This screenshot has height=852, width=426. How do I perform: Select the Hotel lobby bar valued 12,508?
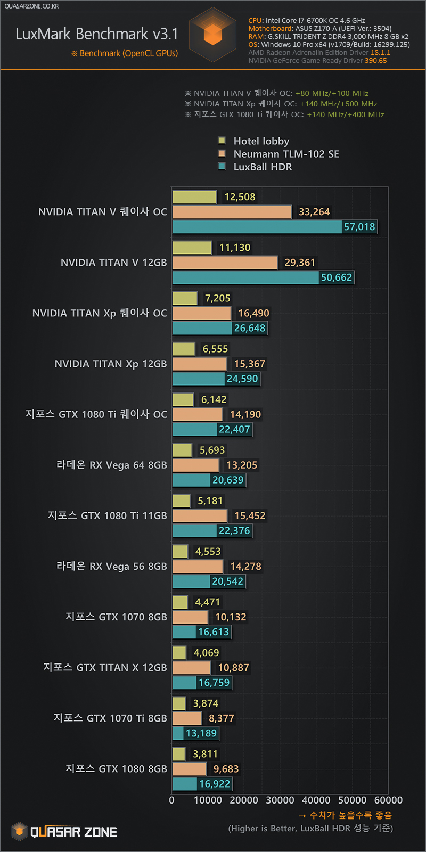(194, 197)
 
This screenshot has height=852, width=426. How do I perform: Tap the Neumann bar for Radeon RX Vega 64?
(195, 465)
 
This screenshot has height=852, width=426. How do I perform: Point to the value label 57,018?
(359, 227)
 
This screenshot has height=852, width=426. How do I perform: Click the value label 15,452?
(250, 515)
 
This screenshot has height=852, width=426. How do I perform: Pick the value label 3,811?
(206, 754)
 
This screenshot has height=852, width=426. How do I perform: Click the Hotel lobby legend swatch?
(222, 141)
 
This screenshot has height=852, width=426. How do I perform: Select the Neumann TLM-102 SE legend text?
(286, 154)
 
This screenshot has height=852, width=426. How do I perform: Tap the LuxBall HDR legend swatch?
(222, 167)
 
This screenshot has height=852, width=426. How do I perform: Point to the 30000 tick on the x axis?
(280, 800)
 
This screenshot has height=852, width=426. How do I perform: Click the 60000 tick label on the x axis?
(388, 800)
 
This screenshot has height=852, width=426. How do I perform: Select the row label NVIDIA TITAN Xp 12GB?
(111, 364)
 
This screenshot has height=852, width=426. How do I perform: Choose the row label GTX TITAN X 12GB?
(105, 668)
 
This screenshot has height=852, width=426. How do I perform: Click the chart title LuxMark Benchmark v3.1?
(97, 34)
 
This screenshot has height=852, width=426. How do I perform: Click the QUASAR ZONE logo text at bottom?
(73, 832)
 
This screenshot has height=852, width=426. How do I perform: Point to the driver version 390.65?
(375, 61)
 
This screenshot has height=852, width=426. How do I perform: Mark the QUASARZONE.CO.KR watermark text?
(32, 6)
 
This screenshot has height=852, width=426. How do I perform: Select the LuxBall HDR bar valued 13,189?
(178, 733)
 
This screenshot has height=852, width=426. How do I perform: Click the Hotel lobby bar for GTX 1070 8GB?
(180, 602)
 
